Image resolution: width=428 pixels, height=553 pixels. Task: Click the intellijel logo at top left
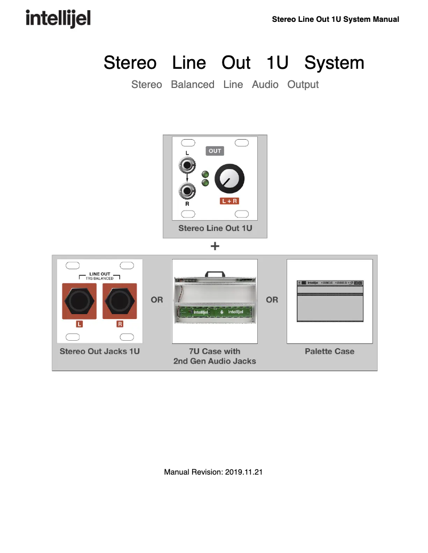click(x=58, y=19)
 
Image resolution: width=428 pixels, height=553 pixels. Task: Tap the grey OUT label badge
click(x=215, y=151)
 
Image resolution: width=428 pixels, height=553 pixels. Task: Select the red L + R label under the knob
click(x=229, y=201)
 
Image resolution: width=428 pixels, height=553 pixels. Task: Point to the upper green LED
click(x=205, y=174)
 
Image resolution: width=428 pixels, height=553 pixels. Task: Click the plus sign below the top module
click(x=215, y=246)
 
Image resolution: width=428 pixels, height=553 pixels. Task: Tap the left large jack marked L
click(x=80, y=301)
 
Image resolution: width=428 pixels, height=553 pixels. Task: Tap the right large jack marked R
click(x=120, y=301)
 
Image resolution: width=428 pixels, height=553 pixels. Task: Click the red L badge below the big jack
click(x=80, y=324)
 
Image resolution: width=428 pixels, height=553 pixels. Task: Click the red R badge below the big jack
click(x=120, y=324)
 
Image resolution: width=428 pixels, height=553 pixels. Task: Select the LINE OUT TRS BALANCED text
click(x=100, y=276)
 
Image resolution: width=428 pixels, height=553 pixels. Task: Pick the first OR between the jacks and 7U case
click(x=157, y=300)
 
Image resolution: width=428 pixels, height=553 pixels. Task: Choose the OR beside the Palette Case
click(x=272, y=300)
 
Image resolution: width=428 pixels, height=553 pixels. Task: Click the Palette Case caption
click(x=329, y=351)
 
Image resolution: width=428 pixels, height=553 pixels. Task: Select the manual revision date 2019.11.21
click(x=243, y=472)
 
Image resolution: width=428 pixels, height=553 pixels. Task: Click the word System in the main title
click(x=334, y=62)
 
